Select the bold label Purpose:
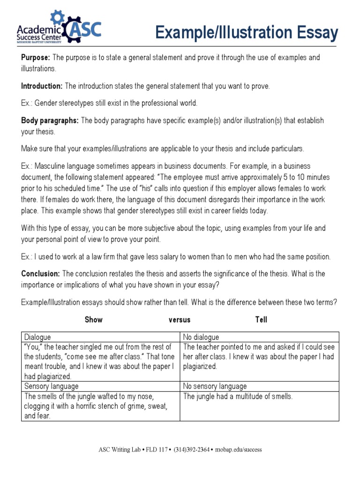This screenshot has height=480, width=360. pyautogui.click(x=36, y=58)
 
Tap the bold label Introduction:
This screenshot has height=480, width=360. pyautogui.click(x=42, y=86)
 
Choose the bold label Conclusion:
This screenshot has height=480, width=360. pyautogui.click(x=40, y=274)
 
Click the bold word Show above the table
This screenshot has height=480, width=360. pyautogui.click(x=93, y=320)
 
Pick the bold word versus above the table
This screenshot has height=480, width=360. pyautogui.click(x=180, y=320)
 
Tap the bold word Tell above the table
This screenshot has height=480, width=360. pyautogui.click(x=261, y=320)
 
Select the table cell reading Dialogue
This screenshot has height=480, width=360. pyautogui.click(x=37, y=337)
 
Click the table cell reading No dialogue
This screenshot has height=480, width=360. pyautogui.click(x=201, y=337)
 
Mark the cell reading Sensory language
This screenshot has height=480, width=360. pyautogui.click(x=51, y=386)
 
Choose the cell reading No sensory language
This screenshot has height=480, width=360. pyautogui.click(x=215, y=386)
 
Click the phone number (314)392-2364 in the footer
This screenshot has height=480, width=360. pyautogui.click(x=193, y=450)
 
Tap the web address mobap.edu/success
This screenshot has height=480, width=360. pyautogui.click(x=239, y=450)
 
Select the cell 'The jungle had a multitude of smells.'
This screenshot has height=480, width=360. pyautogui.click(x=238, y=397)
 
